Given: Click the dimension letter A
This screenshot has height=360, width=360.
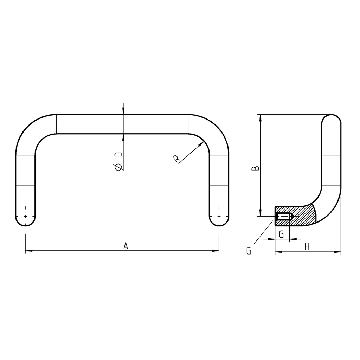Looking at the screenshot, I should coord(126,246).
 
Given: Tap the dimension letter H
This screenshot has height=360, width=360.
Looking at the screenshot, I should coord(307,247).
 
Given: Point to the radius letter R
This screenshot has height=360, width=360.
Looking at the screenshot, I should coord(177,159).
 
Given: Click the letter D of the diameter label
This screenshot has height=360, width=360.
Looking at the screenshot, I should coord(119,155).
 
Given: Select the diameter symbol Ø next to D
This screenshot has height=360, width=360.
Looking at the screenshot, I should coord(119,167).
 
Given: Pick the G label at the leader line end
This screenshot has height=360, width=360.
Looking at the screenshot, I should coord(249,251).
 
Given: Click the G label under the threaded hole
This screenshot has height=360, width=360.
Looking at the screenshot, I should coord(281,234).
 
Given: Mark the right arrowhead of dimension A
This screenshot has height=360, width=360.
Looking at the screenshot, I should coord(216,251).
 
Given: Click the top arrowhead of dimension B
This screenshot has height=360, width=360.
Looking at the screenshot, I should coord(260,118).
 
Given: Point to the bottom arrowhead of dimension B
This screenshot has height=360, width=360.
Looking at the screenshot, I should coord(260,213).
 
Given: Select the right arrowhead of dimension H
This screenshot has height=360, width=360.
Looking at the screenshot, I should coord(338,252).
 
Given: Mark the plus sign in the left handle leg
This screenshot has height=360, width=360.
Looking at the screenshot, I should coord(25,216).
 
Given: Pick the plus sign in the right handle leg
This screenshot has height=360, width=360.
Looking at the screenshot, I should coord(219,216).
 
